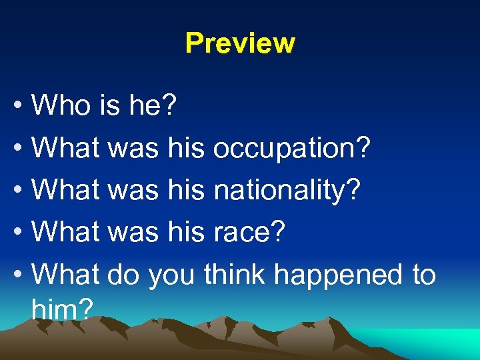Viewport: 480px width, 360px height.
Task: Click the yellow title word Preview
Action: [x=240, y=43]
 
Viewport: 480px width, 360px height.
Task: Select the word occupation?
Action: [x=292, y=148]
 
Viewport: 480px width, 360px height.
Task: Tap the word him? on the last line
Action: [x=61, y=308]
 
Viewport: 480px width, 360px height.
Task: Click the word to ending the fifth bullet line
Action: [x=423, y=274]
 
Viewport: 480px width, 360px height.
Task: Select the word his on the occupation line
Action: [x=186, y=148]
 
